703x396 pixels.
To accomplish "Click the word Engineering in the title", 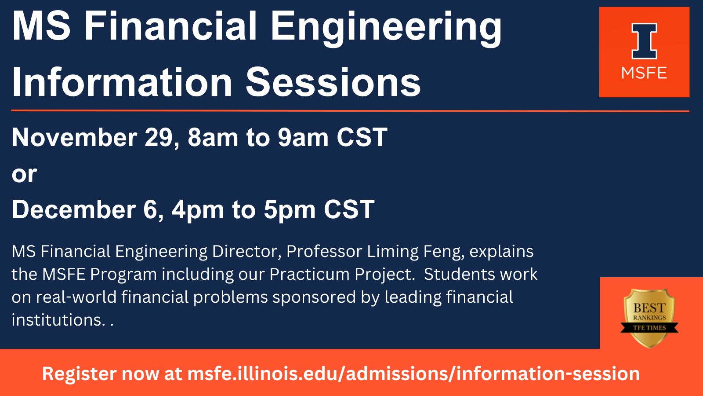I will (x=385, y=27).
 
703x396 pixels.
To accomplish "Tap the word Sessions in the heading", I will (x=333, y=83).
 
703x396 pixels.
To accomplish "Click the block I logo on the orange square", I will (x=644, y=41).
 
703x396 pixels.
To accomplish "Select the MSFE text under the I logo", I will (x=644, y=73).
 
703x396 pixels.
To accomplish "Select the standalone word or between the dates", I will (x=24, y=174).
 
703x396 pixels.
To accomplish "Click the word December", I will (x=73, y=209).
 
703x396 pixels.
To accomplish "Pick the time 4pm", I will (x=198, y=209).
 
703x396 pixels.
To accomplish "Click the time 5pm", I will (x=290, y=209).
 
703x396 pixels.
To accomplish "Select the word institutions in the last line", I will (x=58, y=320).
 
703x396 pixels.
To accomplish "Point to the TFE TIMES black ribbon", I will (x=649, y=328).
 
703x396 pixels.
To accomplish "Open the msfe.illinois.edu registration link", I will (x=413, y=374).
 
